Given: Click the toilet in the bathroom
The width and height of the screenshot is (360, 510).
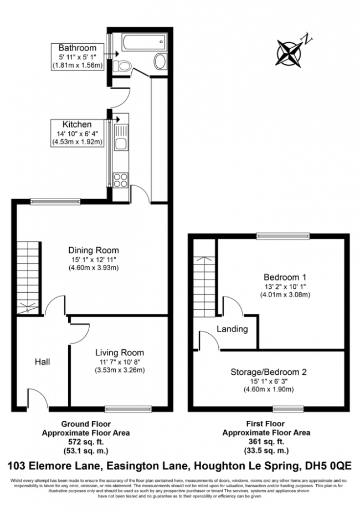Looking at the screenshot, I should coord(126,67).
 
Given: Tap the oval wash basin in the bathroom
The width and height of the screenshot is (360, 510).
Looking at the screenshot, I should coord(159,61).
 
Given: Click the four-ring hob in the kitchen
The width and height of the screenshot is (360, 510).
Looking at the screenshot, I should coord(120,179).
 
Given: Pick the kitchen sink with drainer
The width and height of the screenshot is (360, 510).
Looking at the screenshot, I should coord(120,139).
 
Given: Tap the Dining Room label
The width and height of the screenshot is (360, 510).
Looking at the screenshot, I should coord(93,250).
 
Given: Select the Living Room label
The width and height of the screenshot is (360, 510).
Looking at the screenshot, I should coord(120,353).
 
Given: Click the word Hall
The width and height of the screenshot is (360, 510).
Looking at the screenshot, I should coord(43,362).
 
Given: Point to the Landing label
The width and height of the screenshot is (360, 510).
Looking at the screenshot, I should coord(232,329).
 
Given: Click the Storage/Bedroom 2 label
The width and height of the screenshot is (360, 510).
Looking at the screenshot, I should coord(269,373).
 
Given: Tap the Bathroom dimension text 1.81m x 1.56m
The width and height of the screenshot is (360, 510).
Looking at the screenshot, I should coord(78,65).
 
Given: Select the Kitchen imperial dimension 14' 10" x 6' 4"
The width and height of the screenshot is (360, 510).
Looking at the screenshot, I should coord(77,133).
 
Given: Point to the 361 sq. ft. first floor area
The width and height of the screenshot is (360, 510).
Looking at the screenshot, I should coord(266,441).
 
